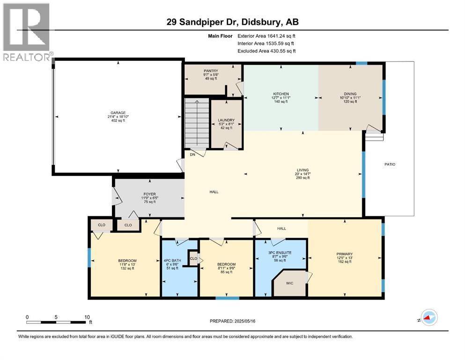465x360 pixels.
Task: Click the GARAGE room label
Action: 117,112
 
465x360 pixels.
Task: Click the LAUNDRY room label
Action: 226,120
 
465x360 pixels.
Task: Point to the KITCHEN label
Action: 281,94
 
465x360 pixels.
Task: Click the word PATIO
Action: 390,165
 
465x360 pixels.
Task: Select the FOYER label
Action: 149,194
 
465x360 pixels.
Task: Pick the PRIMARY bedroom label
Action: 344,254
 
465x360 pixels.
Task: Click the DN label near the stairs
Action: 192,154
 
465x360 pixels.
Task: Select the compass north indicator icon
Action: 428,318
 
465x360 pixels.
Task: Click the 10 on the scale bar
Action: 87,317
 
